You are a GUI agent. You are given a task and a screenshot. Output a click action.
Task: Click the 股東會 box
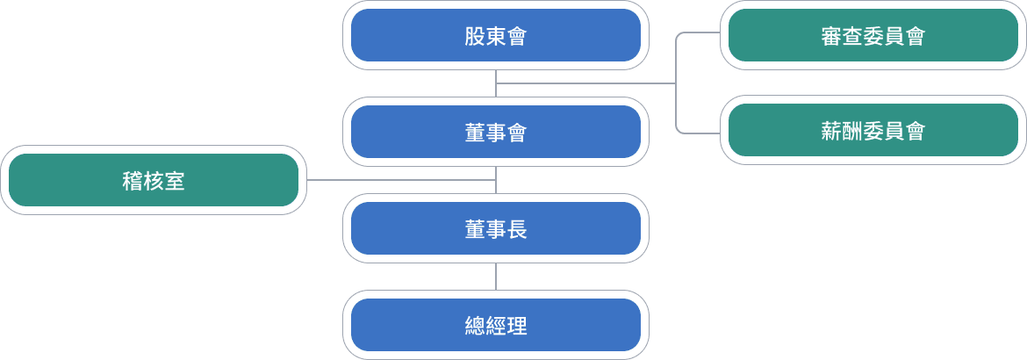pos(496,36)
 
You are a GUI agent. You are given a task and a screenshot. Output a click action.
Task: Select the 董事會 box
pos(496,133)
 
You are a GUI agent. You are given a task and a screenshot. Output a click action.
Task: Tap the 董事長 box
pos(496,229)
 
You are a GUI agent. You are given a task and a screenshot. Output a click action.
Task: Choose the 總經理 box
pos(496,326)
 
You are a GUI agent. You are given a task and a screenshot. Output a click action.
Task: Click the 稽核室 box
pos(154,181)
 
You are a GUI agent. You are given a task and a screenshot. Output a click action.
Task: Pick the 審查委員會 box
pos(873,36)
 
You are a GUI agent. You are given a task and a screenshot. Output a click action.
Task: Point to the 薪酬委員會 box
pos(873,132)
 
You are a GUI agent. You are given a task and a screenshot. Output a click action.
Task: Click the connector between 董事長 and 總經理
pos(496,277)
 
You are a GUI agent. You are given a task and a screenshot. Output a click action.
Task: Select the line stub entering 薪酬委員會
pos(700,133)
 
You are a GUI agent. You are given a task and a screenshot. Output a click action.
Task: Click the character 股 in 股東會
pos(475,36)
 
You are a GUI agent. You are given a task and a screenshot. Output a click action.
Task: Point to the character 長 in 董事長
pos(517,229)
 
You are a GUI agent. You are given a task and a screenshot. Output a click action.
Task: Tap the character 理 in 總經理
pos(517,326)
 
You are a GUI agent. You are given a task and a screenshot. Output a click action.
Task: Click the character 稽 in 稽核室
pos(133,181)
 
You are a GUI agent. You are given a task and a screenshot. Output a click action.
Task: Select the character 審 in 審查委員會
pos(832,36)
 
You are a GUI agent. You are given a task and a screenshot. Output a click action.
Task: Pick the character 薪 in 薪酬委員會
pos(832,132)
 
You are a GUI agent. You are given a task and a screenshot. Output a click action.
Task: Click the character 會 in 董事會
pos(517,133)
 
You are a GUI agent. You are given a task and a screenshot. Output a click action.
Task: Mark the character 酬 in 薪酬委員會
pos(853,132)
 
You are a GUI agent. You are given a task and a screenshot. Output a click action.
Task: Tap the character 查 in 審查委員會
pos(853,36)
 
